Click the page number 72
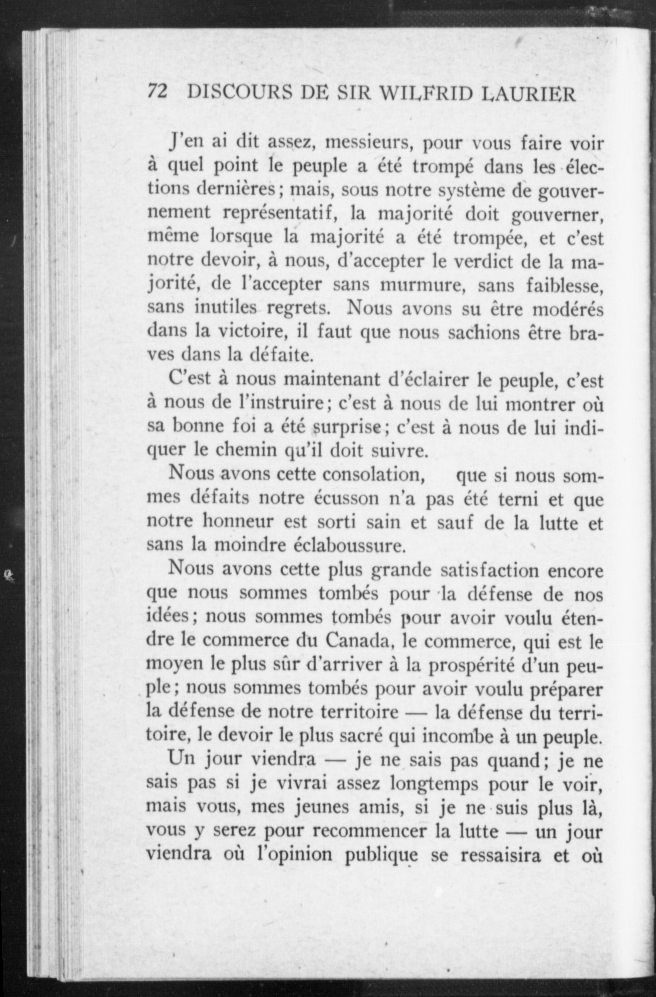(157, 93)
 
